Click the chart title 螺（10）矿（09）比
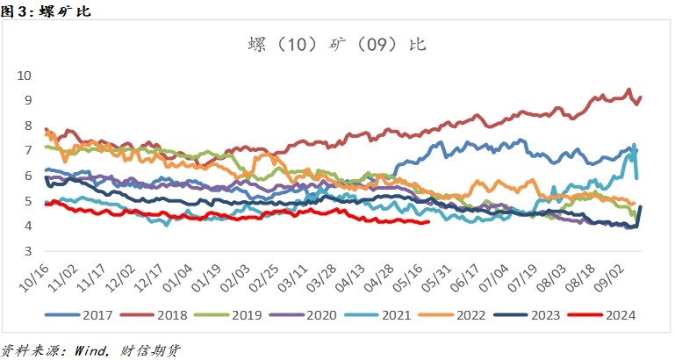point(337,44)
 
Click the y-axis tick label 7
point(27,151)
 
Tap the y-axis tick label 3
point(27,252)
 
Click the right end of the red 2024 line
point(428,222)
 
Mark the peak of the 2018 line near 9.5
point(628,90)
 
